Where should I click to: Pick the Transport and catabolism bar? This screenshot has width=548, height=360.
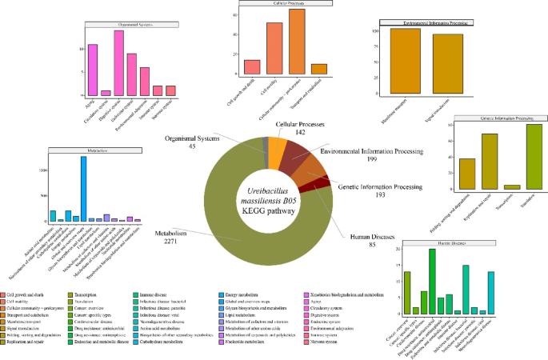tap(319, 69)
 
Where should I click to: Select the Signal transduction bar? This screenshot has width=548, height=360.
tap(448, 64)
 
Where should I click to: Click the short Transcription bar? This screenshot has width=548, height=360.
tap(512, 187)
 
